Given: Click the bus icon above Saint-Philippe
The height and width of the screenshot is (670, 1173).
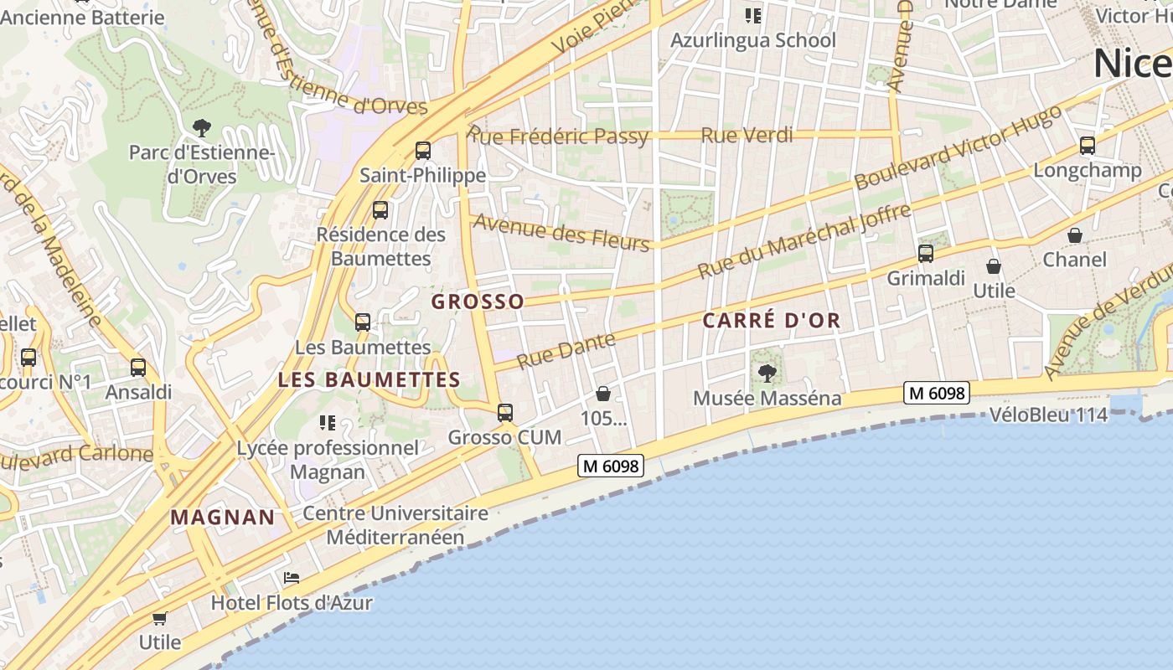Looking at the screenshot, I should click(423, 151).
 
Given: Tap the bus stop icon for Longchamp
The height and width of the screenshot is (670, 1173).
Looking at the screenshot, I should click(1088, 146).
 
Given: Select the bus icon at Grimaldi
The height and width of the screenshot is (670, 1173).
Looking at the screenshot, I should click(926, 253).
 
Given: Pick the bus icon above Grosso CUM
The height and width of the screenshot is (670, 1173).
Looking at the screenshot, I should click(504, 412).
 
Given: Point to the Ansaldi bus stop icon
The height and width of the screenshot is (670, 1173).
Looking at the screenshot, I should click(138, 367).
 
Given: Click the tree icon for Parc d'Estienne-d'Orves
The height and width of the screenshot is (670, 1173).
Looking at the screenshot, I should click(201, 128).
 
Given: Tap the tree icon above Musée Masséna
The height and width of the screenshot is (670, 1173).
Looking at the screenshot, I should click(767, 373).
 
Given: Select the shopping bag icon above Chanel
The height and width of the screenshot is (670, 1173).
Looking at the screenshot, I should click(1075, 235).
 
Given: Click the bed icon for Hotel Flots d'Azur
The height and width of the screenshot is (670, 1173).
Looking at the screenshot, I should click(292, 578).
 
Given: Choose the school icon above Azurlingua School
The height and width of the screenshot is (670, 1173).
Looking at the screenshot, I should click(752, 15).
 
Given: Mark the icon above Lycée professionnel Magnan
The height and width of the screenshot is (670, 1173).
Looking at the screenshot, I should click(328, 423).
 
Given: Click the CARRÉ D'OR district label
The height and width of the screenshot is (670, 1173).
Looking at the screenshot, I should click(771, 321).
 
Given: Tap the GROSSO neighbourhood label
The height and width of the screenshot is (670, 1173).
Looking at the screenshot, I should click(478, 301).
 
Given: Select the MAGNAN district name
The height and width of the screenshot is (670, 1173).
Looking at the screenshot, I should click(223, 518).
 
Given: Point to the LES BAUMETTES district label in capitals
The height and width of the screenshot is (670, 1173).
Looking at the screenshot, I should click(369, 379).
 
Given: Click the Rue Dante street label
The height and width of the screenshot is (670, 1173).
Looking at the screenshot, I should click(566, 351).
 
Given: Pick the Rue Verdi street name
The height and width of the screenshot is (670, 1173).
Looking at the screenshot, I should click(747, 135).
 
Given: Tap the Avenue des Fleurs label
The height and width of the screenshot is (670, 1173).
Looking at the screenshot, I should click(561, 232).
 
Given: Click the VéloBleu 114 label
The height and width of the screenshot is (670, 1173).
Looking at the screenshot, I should click(1048, 415).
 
